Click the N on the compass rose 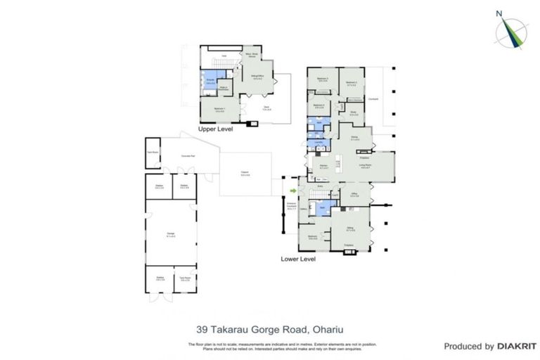click(x=499, y=13)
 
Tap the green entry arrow click(x=293, y=190)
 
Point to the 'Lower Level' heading click(x=299, y=259)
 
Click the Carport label click(x=244, y=174)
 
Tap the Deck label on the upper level click(x=266, y=108)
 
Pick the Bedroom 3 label click(x=323, y=79)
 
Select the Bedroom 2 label click(x=352, y=83)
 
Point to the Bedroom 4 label click(x=319, y=107)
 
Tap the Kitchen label click(x=324, y=167)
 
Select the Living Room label click(x=366, y=165)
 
